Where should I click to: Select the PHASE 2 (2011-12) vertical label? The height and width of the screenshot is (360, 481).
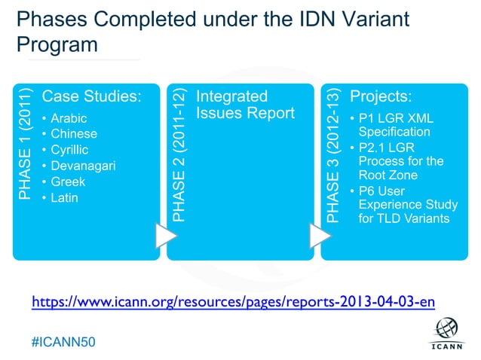[x=179, y=154]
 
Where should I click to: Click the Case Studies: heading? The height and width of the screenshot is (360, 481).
[x=91, y=96]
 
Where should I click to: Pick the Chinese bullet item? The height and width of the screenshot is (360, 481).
[x=73, y=134]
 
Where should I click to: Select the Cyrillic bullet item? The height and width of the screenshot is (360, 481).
[x=70, y=150]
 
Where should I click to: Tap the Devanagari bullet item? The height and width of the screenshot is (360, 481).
[x=83, y=166]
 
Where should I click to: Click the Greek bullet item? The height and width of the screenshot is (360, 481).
[x=68, y=182]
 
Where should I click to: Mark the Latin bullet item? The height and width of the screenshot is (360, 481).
[x=64, y=197]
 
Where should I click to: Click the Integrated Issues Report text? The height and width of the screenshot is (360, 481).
[x=244, y=105]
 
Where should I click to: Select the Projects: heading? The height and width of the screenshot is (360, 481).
[x=391, y=96]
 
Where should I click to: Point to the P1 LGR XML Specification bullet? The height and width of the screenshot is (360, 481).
[x=396, y=124]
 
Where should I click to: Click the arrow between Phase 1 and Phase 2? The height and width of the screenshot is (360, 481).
[x=165, y=235]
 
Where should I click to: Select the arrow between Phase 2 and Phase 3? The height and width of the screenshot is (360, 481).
[x=320, y=235]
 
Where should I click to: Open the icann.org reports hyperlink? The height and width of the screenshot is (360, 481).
[x=233, y=302]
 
